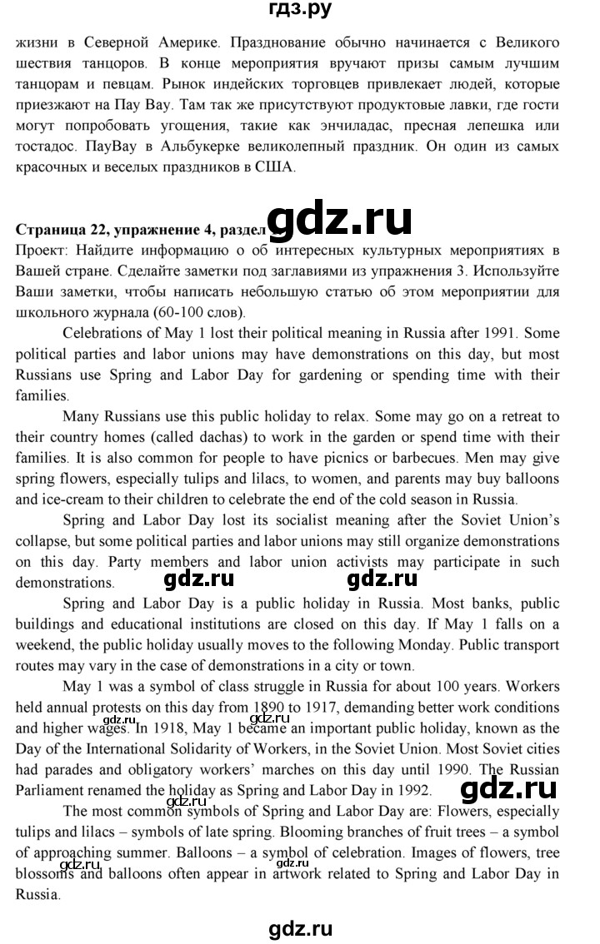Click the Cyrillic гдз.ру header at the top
point(299,12)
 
